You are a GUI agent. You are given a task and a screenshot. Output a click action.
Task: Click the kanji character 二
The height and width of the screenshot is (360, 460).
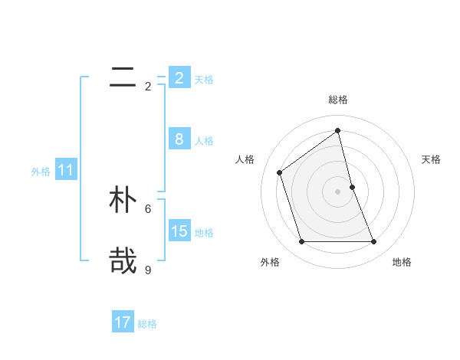[123, 77]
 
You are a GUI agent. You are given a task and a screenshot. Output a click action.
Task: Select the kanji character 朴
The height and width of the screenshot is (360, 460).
[123, 200]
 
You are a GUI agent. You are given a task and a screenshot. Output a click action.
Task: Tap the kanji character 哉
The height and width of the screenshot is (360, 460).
[123, 260]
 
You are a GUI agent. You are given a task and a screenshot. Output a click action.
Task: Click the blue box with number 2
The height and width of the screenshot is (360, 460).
[179, 77]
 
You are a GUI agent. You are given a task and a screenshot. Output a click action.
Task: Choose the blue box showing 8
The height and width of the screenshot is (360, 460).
[179, 139]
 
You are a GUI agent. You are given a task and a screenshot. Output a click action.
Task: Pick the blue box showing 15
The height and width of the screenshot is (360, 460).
[179, 231]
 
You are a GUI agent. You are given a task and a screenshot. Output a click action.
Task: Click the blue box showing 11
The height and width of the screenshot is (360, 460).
[65, 170]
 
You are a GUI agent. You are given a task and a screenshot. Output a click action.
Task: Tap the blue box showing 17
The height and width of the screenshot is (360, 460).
[123, 322]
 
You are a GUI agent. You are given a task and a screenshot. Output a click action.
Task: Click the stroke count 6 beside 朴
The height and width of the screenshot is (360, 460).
[148, 208]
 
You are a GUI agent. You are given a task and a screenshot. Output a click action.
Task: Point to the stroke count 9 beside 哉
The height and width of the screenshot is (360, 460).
[148, 270]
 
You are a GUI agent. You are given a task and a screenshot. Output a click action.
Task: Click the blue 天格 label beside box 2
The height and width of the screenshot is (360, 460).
[204, 79]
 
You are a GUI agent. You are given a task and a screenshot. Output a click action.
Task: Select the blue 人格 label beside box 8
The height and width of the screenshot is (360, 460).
[204, 140]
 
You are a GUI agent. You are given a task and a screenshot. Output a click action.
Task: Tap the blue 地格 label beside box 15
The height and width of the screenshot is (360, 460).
[204, 232]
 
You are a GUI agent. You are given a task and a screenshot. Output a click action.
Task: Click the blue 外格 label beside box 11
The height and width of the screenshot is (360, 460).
[41, 172]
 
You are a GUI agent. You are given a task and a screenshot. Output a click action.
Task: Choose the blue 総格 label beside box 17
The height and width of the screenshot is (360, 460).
[147, 324]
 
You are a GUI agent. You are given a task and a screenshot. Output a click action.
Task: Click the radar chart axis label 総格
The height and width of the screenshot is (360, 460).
[338, 100]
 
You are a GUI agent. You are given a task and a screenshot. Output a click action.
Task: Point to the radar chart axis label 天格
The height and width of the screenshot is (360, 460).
[432, 159]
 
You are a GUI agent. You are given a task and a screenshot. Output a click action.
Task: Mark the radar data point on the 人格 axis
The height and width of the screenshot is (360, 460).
[280, 172]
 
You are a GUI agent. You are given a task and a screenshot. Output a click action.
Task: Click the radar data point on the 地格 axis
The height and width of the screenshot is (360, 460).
[374, 242]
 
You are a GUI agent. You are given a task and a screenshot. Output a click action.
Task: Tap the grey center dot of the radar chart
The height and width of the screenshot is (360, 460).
[338, 191]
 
